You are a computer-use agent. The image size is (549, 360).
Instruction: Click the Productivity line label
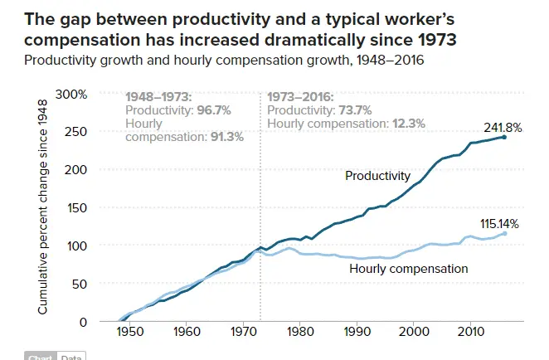[377, 176]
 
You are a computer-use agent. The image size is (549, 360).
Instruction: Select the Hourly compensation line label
[409, 269]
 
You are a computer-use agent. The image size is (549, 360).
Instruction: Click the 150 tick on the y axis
[76, 208]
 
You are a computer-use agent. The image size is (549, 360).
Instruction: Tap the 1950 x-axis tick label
[129, 332]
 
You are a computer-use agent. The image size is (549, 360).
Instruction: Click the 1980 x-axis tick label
[300, 332]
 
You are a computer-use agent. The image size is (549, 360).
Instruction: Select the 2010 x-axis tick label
[471, 332]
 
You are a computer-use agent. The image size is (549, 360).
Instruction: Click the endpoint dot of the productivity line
[504, 137]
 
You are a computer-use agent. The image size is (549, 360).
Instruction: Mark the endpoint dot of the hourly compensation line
[504, 233]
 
